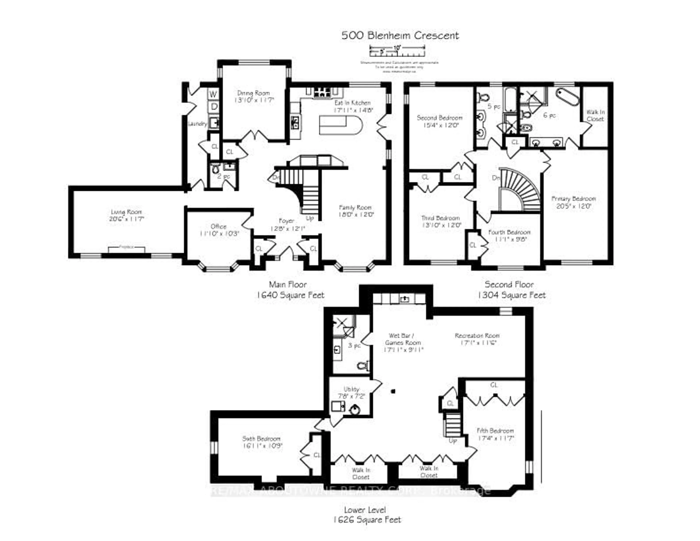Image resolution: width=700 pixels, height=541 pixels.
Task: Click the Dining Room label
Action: click(x=253, y=93)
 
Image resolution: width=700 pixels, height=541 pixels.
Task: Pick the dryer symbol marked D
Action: click(x=214, y=106)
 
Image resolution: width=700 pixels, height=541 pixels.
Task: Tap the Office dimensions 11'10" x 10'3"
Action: click(x=219, y=234)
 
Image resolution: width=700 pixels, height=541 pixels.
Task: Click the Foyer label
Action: click(x=286, y=221)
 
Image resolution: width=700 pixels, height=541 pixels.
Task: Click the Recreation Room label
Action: click(x=477, y=336)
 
